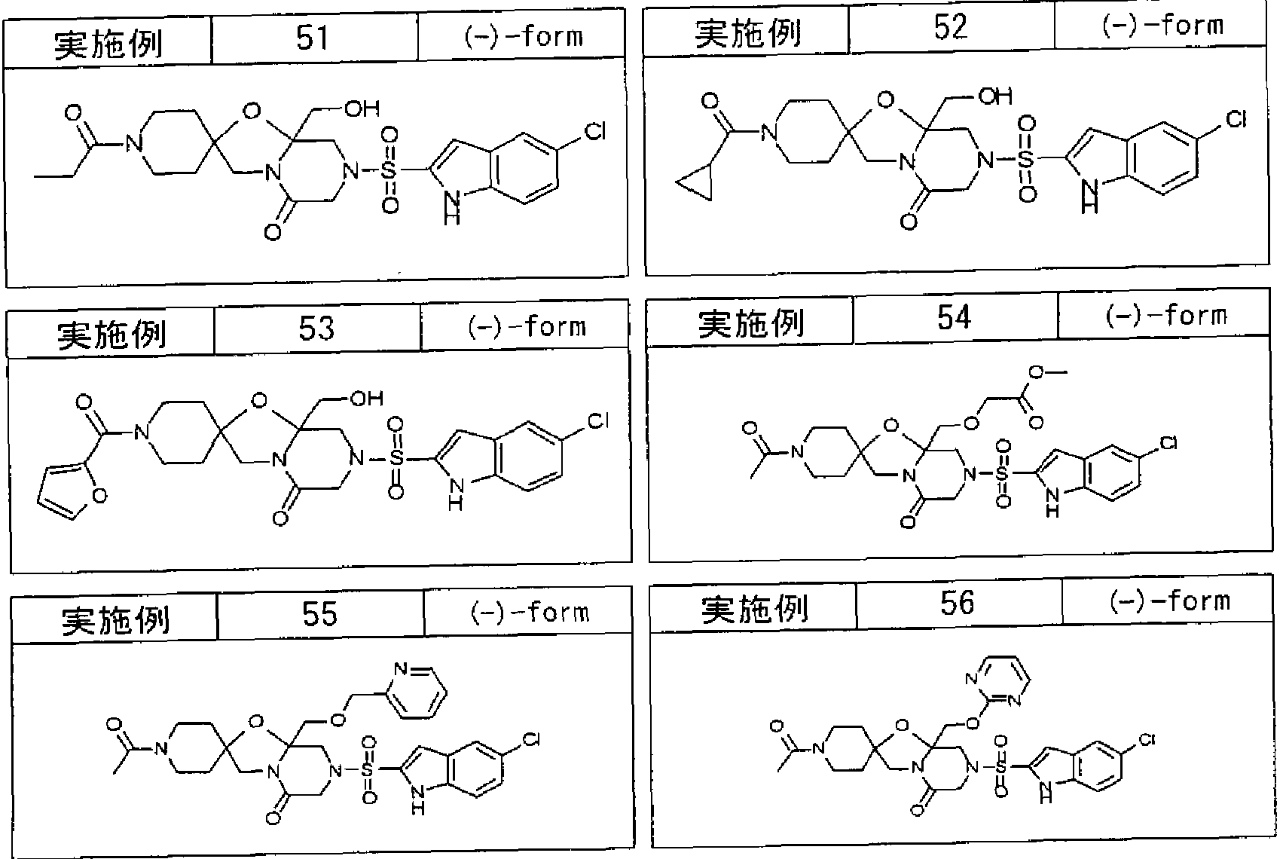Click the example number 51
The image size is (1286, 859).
tap(313, 38)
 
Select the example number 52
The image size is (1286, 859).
tap(950, 26)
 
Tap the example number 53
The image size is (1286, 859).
tap(316, 328)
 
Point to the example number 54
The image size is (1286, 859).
tap(955, 317)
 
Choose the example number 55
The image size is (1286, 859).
tap(319, 613)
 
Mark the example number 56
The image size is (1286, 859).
tap(957, 603)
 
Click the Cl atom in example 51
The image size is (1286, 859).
tap(594, 132)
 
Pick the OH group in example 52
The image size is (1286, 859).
tap(995, 96)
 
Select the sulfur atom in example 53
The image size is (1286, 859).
tap(396, 458)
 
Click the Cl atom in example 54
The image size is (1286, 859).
tap(1169, 443)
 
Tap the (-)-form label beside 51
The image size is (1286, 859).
tap(524, 38)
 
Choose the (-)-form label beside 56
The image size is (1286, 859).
tap(1170, 601)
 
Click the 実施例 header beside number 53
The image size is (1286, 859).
tap(112, 335)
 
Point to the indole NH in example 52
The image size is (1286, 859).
tap(1089, 196)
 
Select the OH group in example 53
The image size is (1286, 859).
tap(367, 398)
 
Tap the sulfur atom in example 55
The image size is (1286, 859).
tap(368, 769)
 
